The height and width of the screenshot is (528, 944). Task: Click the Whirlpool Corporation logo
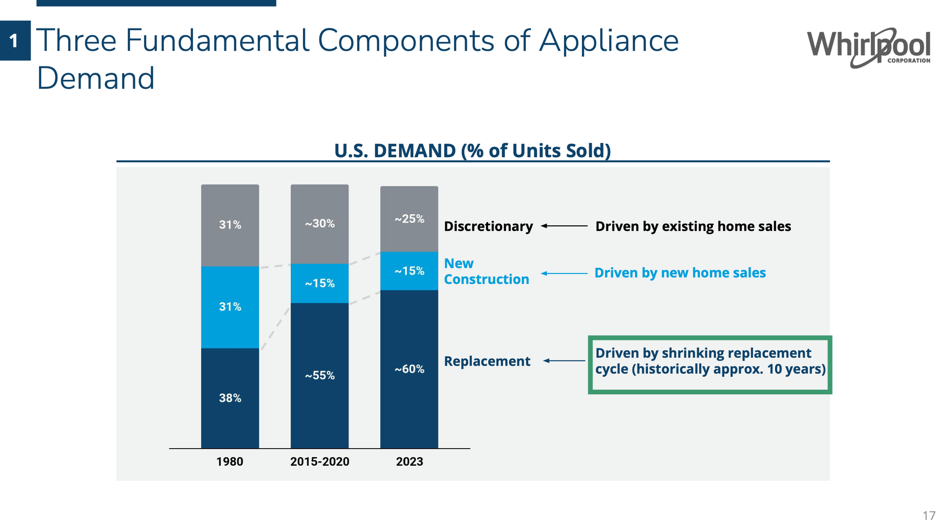click(868, 48)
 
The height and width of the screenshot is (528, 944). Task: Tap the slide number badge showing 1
click(15, 41)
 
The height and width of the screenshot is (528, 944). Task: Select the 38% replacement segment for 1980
click(230, 398)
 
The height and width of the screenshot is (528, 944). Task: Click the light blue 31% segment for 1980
click(230, 307)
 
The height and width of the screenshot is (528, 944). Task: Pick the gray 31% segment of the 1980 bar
click(230, 225)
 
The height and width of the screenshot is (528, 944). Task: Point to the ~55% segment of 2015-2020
click(320, 375)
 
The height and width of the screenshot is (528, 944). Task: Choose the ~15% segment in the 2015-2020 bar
click(320, 283)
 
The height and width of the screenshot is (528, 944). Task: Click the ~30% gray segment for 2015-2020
click(320, 223)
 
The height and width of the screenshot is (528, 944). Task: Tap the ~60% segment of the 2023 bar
click(409, 369)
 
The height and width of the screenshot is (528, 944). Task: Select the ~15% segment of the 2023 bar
click(409, 271)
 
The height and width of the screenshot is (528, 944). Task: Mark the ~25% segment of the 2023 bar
click(409, 219)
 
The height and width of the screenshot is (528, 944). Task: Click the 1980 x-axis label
click(230, 461)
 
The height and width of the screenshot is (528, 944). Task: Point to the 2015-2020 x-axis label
click(320, 461)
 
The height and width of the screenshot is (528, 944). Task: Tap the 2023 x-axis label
click(409, 461)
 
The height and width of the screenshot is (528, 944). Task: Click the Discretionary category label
click(488, 226)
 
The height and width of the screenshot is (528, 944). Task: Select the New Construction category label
click(486, 271)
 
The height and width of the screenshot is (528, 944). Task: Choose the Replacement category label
click(487, 361)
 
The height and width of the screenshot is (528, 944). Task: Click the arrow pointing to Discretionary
click(564, 226)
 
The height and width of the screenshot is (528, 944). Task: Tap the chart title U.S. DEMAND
click(472, 151)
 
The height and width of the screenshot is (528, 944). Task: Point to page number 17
click(928, 515)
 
